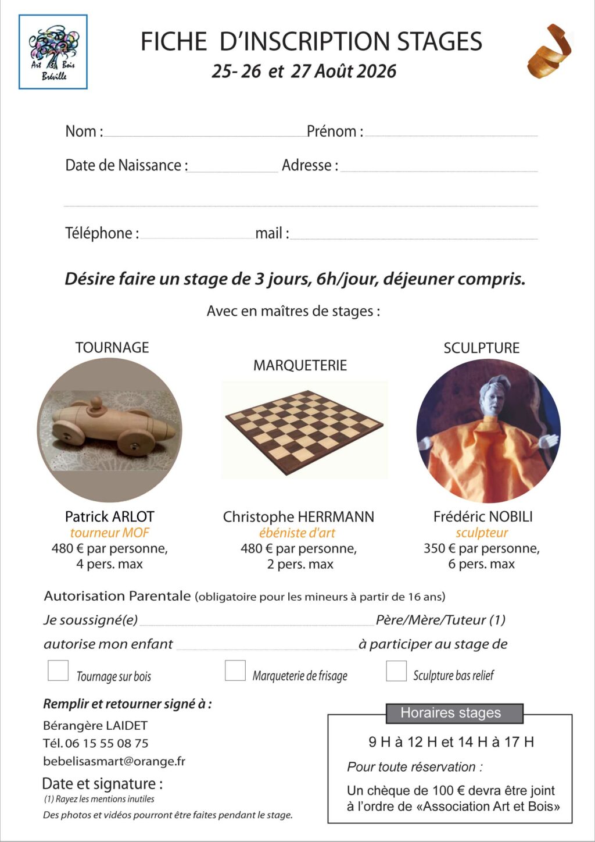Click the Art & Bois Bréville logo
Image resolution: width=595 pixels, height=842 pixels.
click(53, 52)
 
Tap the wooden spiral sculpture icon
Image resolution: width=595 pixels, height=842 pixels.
click(549, 51)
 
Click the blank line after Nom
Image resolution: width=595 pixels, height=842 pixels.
click(203, 133)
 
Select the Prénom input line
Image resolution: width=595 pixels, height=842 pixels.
click(451, 133)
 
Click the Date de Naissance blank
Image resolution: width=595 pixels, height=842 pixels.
click(232, 169)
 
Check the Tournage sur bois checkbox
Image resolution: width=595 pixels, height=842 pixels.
click(58, 670)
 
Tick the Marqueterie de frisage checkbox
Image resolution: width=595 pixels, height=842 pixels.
click(235, 670)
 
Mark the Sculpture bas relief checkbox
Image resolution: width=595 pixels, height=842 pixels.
click(396, 670)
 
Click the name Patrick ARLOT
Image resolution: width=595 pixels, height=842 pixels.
click(109, 516)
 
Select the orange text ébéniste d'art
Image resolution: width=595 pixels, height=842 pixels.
click(297, 533)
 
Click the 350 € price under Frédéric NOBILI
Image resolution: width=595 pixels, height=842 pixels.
click(439, 548)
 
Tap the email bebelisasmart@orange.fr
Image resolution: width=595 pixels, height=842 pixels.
click(114, 761)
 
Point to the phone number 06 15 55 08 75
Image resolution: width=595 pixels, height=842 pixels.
click(106, 743)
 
